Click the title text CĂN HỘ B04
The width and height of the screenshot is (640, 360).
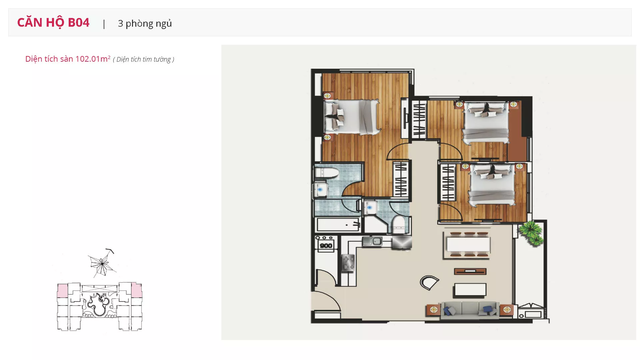pyautogui.click(x=53, y=23)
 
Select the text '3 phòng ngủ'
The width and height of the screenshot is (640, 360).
pyautogui.click(x=145, y=24)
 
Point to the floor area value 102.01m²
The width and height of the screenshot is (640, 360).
pyautogui.click(x=93, y=59)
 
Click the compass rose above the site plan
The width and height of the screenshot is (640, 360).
pyautogui.click(x=102, y=263)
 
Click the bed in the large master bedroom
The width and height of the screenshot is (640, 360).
pyautogui.click(x=352, y=117)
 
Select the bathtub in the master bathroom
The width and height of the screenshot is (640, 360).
pyautogui.click(x=338, y=225)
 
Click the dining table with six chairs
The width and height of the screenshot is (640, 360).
pyautogui.click(x=468, y=244)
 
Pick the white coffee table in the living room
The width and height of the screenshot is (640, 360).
pyautogui.click(x=470, y=290)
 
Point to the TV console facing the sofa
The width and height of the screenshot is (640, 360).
pyautogui.click(x=470, y=271)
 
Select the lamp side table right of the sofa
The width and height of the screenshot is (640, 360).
pyautogui.click(x=507, y=310)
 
